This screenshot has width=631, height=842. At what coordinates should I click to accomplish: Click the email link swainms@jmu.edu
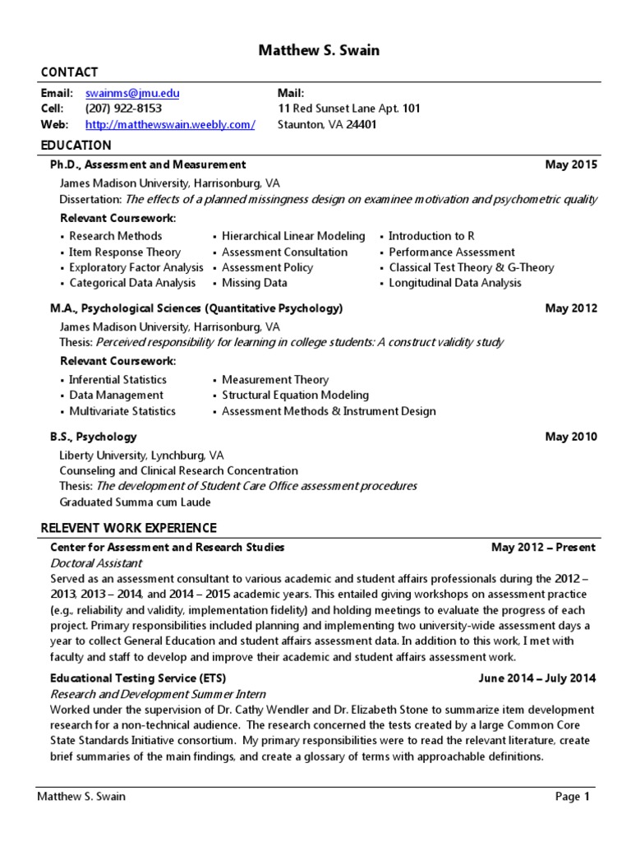point(131,93)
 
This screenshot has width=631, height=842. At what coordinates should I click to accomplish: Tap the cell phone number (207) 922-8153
point(123,109)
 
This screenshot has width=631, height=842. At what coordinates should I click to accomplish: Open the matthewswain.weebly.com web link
point(170,124)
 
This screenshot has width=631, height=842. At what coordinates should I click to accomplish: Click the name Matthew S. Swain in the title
point(320,51)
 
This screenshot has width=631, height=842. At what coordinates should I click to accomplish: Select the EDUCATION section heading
point(76,146)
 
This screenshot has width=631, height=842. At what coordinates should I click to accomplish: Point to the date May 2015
point(571,164)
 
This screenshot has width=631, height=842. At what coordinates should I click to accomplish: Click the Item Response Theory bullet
point(124,252)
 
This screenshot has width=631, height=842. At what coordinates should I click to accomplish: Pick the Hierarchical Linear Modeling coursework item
point(293,236)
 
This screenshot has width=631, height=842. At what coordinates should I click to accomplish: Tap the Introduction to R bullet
point(431,236)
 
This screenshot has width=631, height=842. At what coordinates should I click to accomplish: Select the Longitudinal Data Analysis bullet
point(454,283)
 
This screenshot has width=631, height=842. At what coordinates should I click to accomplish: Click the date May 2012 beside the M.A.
point(571,308)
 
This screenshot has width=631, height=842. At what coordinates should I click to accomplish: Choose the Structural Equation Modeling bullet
point(295,396)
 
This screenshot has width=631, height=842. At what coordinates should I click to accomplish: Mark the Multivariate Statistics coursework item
point(122,411)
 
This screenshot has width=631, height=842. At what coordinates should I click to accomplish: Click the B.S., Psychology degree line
point(94,437)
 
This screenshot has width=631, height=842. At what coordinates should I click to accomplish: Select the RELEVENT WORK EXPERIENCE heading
point(129,528)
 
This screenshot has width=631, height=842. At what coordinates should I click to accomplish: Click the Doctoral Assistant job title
point(96,563)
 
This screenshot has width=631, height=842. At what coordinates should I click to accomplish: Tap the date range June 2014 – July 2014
point(537,678)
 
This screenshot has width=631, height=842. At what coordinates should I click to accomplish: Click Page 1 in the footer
point(573,796)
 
